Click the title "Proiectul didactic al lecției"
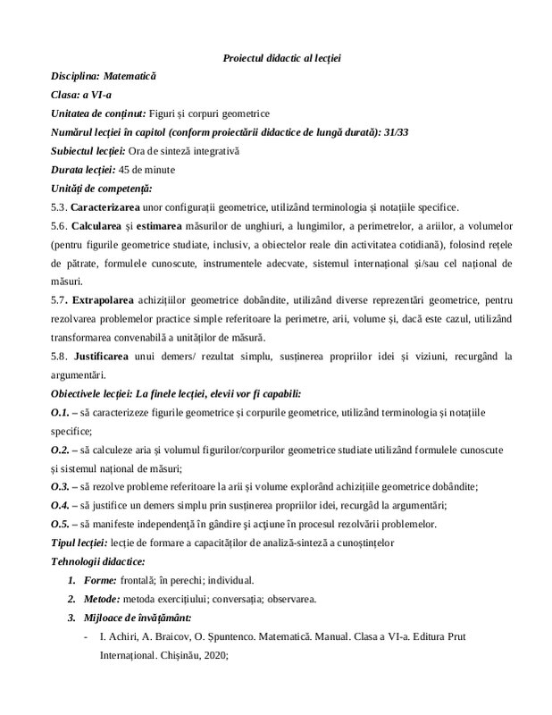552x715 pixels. [281, 58]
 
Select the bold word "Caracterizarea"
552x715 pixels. [104, 206]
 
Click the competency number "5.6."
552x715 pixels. [59, 225]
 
